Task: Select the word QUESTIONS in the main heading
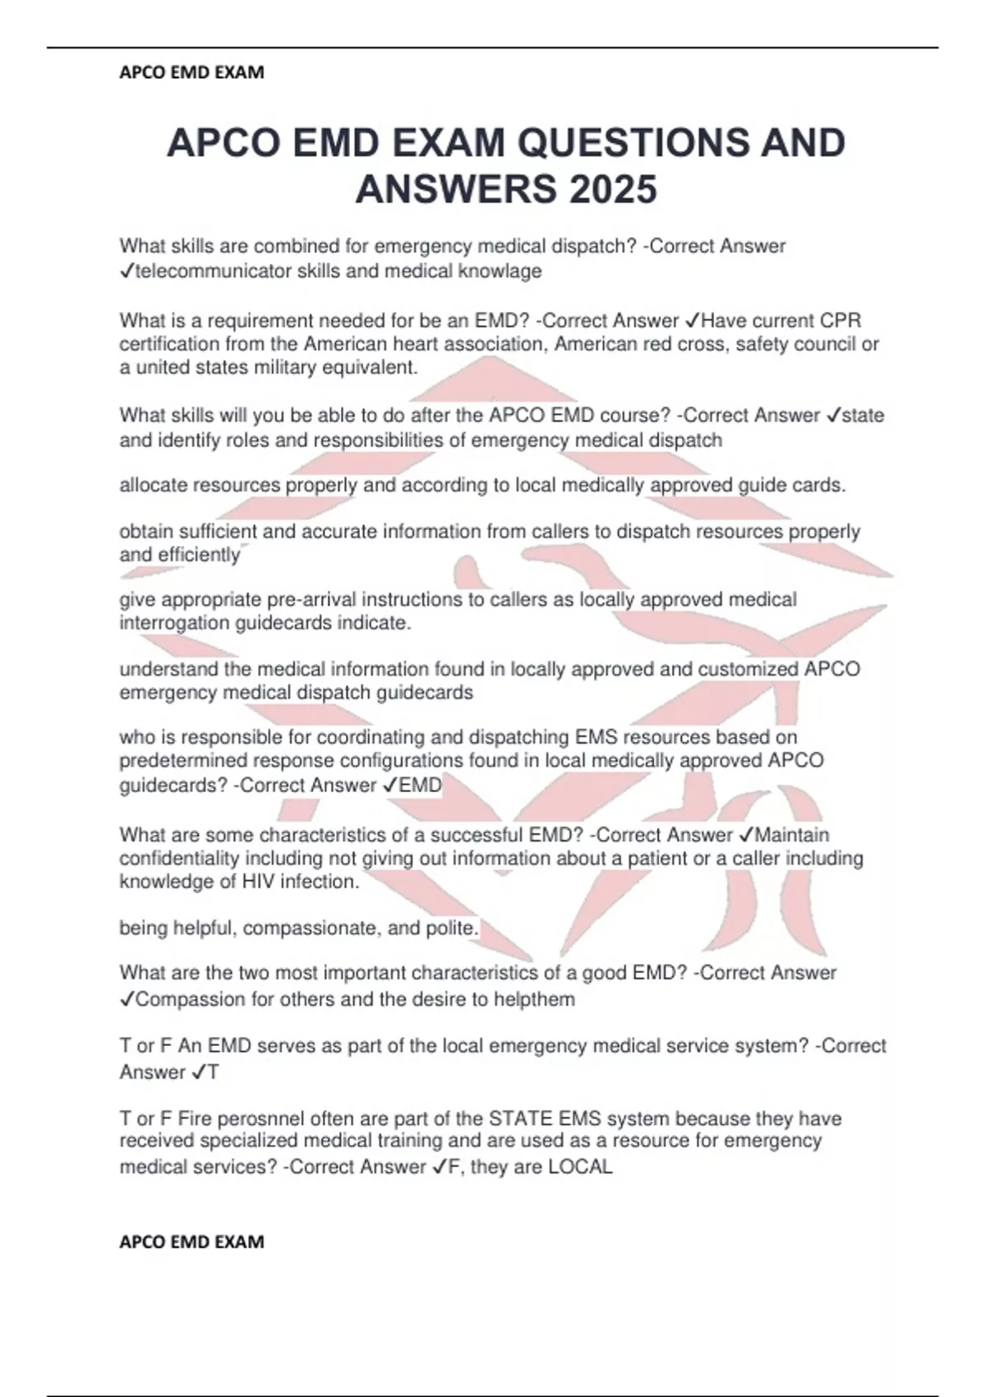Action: pyautogui.click(x=633, y=143)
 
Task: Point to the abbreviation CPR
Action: pyautogui.click(x=841, y=320)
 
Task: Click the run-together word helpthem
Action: pyautogui.click(x=536, y=1000)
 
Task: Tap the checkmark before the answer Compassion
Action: pyautogui.click(x=127, y=1000)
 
